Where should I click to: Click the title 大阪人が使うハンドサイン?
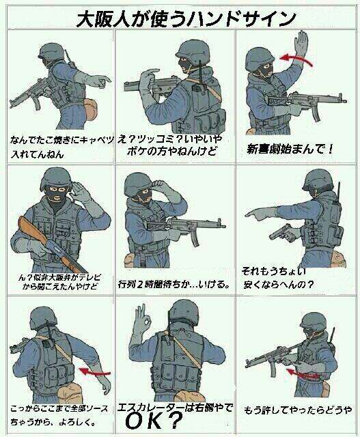(x=180, y=16)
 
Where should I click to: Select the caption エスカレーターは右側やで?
(x=175, y=407)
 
